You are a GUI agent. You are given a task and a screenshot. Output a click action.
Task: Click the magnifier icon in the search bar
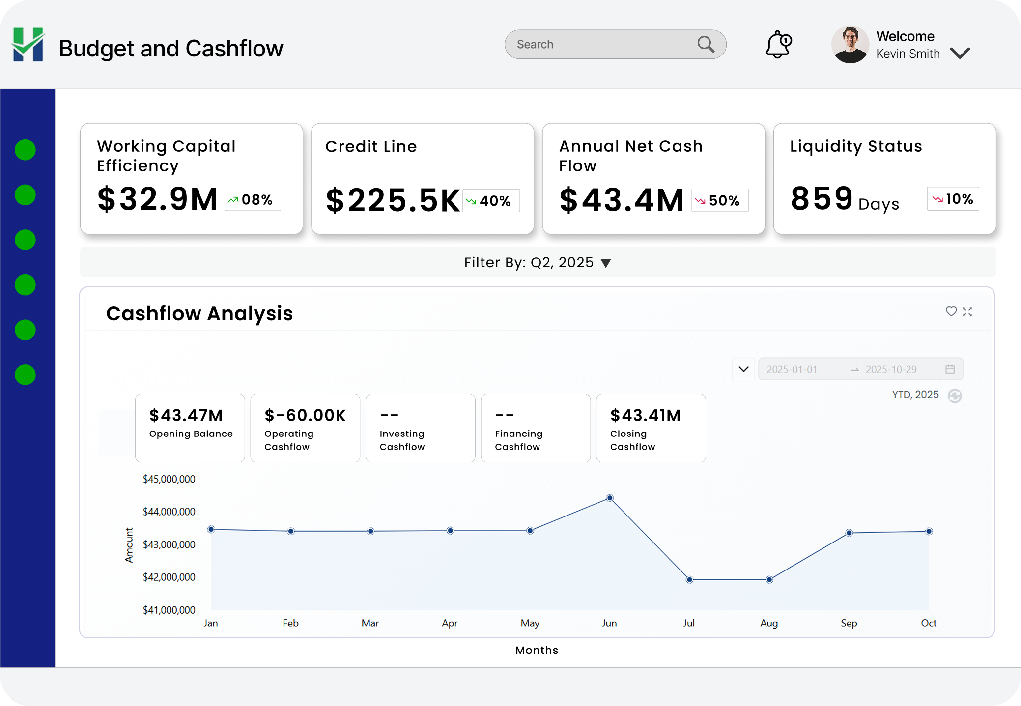pos(706,45)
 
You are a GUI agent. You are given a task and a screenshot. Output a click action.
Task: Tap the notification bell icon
pos(778,45)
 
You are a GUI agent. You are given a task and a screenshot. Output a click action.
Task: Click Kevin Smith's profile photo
pos(850,45)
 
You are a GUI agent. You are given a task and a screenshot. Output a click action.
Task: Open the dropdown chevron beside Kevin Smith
pos(960,53)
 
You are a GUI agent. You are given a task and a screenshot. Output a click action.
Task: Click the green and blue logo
pos(28,45)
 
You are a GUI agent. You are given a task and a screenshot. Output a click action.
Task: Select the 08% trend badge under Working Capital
pos(253,199)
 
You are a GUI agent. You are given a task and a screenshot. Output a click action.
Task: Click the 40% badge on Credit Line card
pos(491,201)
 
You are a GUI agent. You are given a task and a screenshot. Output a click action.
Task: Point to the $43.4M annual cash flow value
pos(622,200)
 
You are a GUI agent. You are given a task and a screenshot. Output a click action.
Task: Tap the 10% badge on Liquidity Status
pos(953,199)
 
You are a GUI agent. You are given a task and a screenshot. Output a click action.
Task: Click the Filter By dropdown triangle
pos(606,263)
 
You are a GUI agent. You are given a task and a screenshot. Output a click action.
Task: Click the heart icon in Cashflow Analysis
pos(951,311)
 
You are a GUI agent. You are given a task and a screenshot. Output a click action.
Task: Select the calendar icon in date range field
pos(950,369)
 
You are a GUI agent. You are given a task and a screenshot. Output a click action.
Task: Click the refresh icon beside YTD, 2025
pos(955,396)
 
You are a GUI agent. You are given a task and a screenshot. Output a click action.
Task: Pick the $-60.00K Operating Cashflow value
pos(305,416)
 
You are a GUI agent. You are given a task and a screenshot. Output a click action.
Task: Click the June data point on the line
pos(610,498)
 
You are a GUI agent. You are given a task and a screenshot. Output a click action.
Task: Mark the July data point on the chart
pos(689,580)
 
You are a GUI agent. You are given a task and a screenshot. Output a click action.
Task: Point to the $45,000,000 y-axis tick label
pos(169,479)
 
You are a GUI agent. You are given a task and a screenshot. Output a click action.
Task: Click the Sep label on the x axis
pos(849,623)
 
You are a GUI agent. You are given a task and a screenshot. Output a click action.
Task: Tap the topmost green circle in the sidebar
pos(25,150)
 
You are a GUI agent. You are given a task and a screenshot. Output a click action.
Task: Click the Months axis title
pos(537,650)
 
